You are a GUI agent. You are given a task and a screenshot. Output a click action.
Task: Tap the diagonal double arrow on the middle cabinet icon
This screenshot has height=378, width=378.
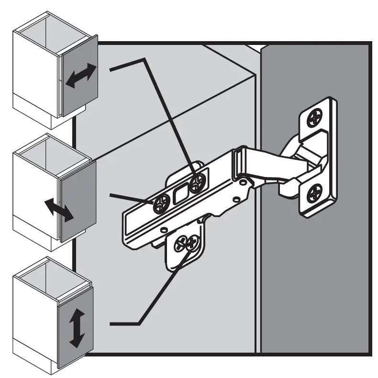click(x=59, y=210)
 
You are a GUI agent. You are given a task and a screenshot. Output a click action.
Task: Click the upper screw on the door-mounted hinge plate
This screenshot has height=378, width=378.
click(x=315, y=116)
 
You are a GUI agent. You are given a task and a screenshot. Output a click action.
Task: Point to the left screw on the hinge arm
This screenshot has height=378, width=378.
click(x=161, y=204)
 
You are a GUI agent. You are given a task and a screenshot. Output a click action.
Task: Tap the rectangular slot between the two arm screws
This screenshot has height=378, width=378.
click(x=180, y=194)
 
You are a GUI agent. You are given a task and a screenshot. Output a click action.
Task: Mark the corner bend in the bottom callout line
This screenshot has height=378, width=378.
click(x=139, y=324)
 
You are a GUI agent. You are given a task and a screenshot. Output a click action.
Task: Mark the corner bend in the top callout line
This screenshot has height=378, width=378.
click(x=144, y=59)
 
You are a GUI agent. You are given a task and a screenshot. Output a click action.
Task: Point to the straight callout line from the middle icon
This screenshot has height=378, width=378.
click(x=129, y=199)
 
